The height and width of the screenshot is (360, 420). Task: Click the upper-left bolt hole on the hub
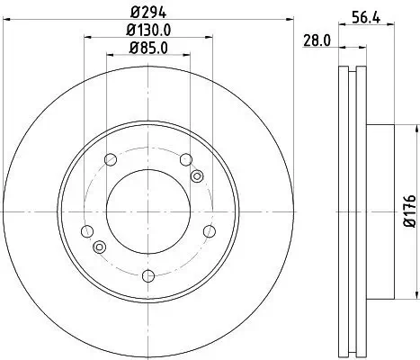112,160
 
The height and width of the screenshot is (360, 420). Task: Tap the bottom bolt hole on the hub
149,271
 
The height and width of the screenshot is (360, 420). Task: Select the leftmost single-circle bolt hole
88,230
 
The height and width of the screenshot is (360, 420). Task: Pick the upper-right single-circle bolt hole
186,160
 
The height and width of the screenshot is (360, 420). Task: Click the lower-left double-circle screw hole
99,247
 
